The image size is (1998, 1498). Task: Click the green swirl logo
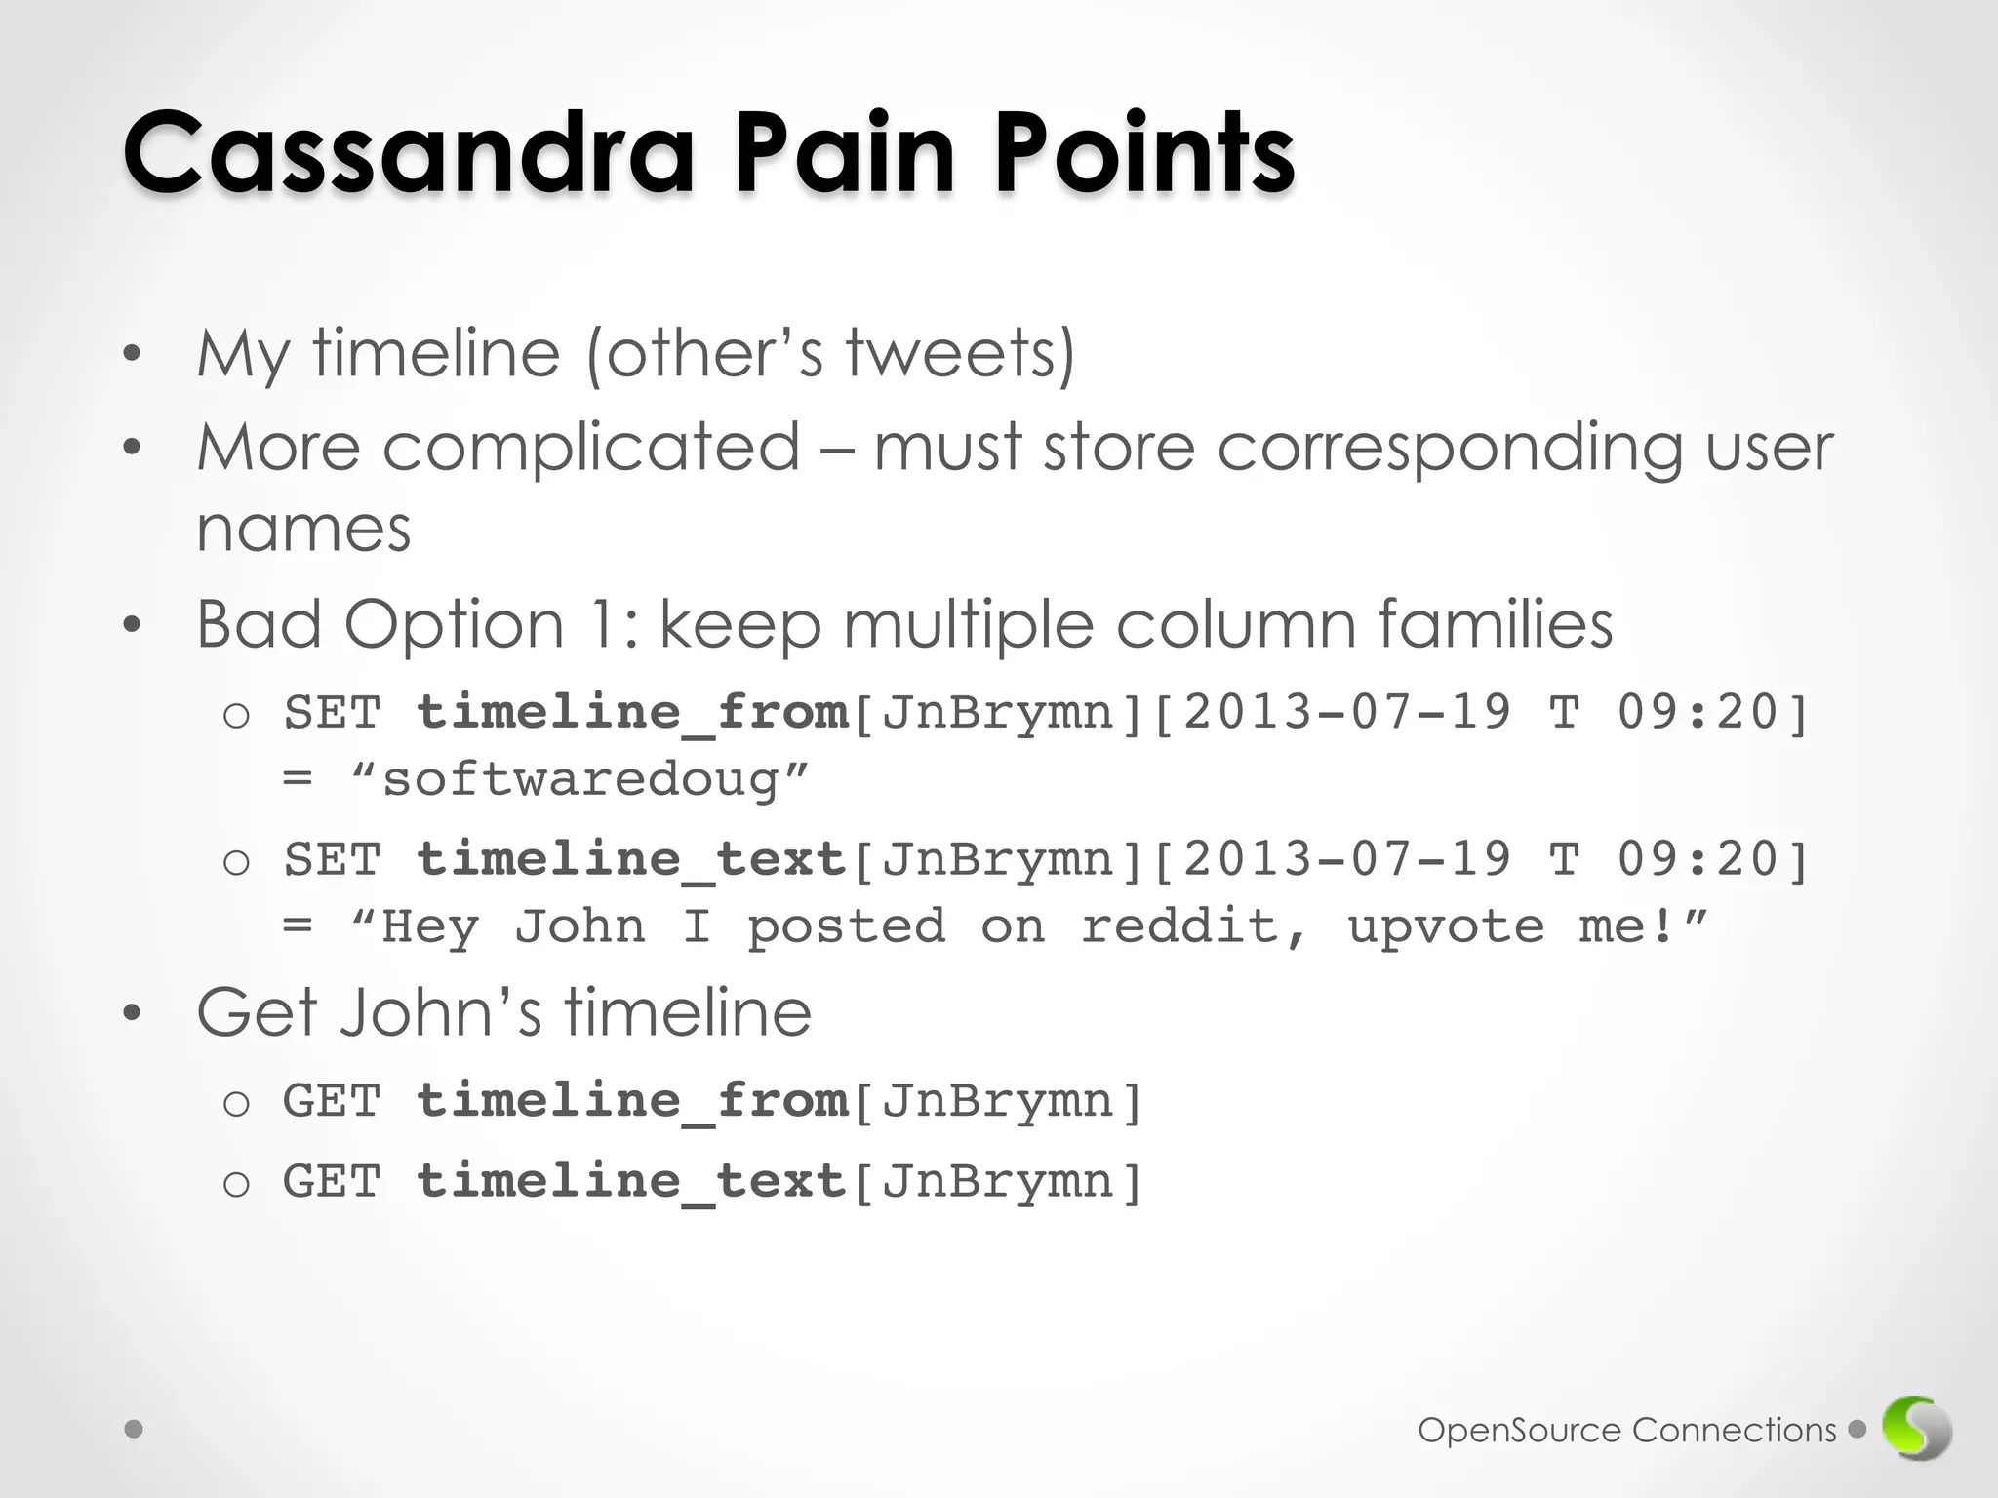tap(1917, 1430)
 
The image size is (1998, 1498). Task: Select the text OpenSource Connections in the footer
tap(1626, 1431)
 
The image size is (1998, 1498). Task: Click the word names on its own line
tap(303, 530)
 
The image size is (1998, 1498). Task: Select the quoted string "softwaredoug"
tap(579, 780)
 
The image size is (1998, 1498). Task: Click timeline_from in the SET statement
tap(632, 712)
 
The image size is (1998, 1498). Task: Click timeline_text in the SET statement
tap(632, 859)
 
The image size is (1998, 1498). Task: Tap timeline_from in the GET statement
tap(632, 1101)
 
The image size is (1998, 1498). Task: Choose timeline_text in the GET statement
tap(632, 1182)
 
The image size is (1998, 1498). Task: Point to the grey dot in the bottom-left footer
tap(135, 1430)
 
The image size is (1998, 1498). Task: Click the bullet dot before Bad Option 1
tap(133, 625)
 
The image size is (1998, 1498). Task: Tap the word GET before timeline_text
tap(331, 1182)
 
